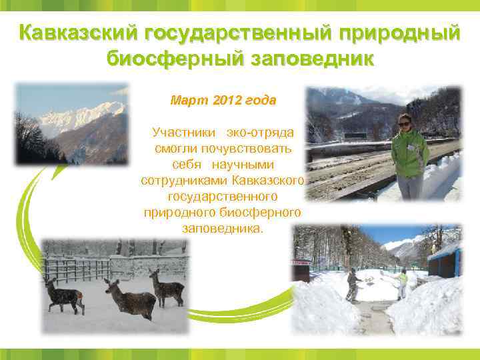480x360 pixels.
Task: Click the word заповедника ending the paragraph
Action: pyautogui.click(x=221, y=228)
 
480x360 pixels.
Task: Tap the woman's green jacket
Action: pyautogui.click(x=409, y=153)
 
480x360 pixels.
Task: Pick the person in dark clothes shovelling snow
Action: pyautogui.click(x=351, y=284)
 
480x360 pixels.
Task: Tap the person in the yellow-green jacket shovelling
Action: pyautogui.click(x=402, y=283)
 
